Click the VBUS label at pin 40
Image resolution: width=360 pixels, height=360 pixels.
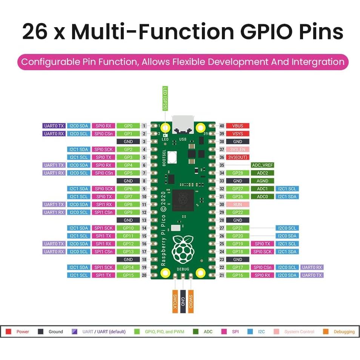(x=238, y=126)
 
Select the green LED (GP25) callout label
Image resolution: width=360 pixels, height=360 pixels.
(x=165, y=98)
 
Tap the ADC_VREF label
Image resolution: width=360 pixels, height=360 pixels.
(x=262, y=165)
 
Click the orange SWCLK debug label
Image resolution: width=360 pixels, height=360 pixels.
(x=175, y=301)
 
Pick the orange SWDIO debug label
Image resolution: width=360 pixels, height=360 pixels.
(x=191, y=301)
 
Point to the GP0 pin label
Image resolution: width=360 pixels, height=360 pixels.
(x=128, y=126)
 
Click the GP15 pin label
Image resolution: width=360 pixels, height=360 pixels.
(x=128, y=275)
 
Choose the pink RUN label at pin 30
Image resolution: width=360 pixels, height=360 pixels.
(x=238, y=204)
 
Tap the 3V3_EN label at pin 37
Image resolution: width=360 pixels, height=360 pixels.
(x=238, y=149)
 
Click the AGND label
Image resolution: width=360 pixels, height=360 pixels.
(x=262, y=181)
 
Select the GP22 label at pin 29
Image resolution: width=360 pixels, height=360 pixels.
(x=238, y=212)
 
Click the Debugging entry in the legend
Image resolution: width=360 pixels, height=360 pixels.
(x=339, y=332)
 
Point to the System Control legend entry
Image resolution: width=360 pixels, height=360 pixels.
(x=294, y=332)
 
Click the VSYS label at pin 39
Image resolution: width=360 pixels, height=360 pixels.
(x=238, y=134)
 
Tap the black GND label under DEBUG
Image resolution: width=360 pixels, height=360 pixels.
(x=183, y=301)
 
